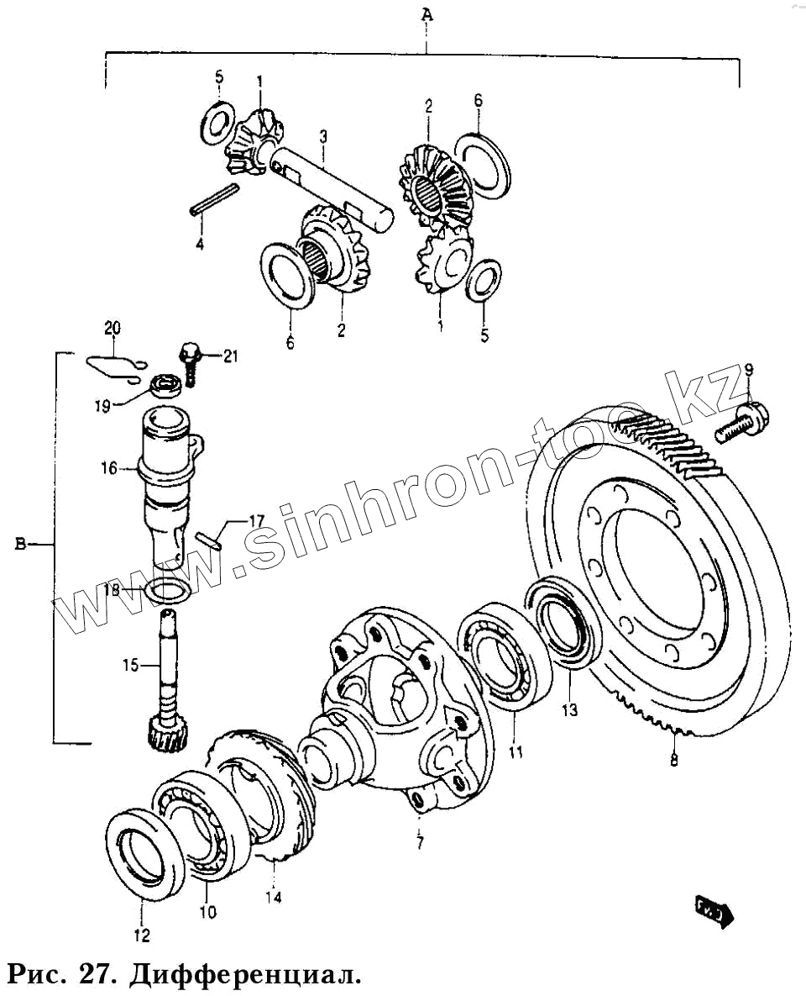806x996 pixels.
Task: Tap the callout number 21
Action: tap(229, 356)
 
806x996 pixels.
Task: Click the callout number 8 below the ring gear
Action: tap(674, 761)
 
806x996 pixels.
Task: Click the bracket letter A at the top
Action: tap(427, 14)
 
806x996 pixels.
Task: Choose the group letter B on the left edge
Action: tap(20, 545)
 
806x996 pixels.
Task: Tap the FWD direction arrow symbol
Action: tap(714, 910)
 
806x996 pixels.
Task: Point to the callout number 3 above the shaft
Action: tap(322, 136)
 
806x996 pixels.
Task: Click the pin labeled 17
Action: tap(207, 539)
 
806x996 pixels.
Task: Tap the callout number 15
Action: tap(129, 667)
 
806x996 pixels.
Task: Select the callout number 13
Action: tap(569, 710)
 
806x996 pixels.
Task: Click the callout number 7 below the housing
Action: tap(420, 841)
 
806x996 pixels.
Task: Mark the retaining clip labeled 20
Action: tap(113, 364)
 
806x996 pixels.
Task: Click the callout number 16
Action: tap(110, 468)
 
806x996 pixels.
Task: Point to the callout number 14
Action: tap(272, 898)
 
